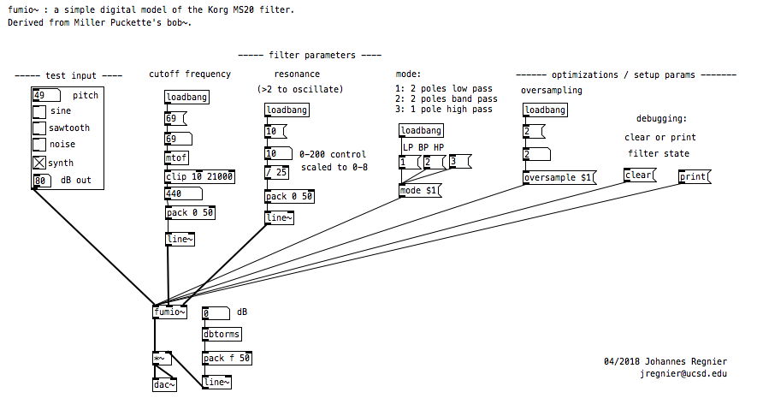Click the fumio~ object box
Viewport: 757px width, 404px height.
pyautogui.click(x=169, y=312)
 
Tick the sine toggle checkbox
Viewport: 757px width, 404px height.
pyautogui.click(x=39, y=111)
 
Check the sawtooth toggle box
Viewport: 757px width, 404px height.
pyautogui.click(x=39, y=128)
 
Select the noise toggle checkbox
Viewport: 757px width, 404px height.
pyautogui.click(x=39, y=145)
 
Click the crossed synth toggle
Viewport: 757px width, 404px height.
pyautogui.click(x=39, y=163)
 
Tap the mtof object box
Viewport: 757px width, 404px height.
pyautogui.click(x=174, y=157)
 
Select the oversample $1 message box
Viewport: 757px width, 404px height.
pyautogui.click(x=559, y=177)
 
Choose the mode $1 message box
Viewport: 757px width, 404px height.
pyautogui.click(x=419, y=190)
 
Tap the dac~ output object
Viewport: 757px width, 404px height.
pyautogui.click(x=164, y=385)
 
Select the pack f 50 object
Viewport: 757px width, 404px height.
pyautogui.click(x=227, y=358)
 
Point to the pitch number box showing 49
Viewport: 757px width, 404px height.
pyautogui.click(x=45, y=95)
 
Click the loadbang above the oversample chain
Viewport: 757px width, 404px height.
pyautogui.click(x=545, y=110)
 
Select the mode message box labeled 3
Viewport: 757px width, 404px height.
pyautogui.click(x=460, y=162)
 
